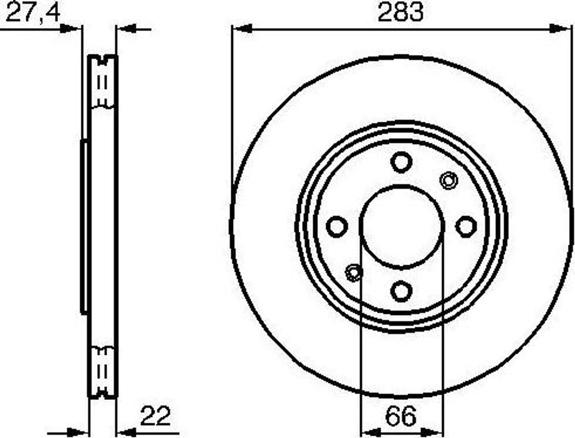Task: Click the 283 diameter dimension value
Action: pos(400,12)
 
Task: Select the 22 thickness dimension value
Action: pos(155,416)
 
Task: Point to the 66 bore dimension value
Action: pos(401,416)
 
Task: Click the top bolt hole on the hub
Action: pos(401,162)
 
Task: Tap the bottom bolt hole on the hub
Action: pos(401,291)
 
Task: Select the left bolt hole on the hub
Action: pos(337,226)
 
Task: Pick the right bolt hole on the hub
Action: pos(466,226)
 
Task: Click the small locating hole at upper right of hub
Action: pos(448,180)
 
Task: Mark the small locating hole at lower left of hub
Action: pos(354,272)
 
